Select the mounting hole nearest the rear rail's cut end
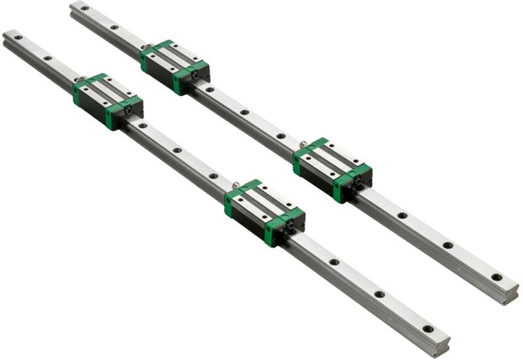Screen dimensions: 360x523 click(496, 277)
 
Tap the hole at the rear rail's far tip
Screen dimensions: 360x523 click(84, 8)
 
